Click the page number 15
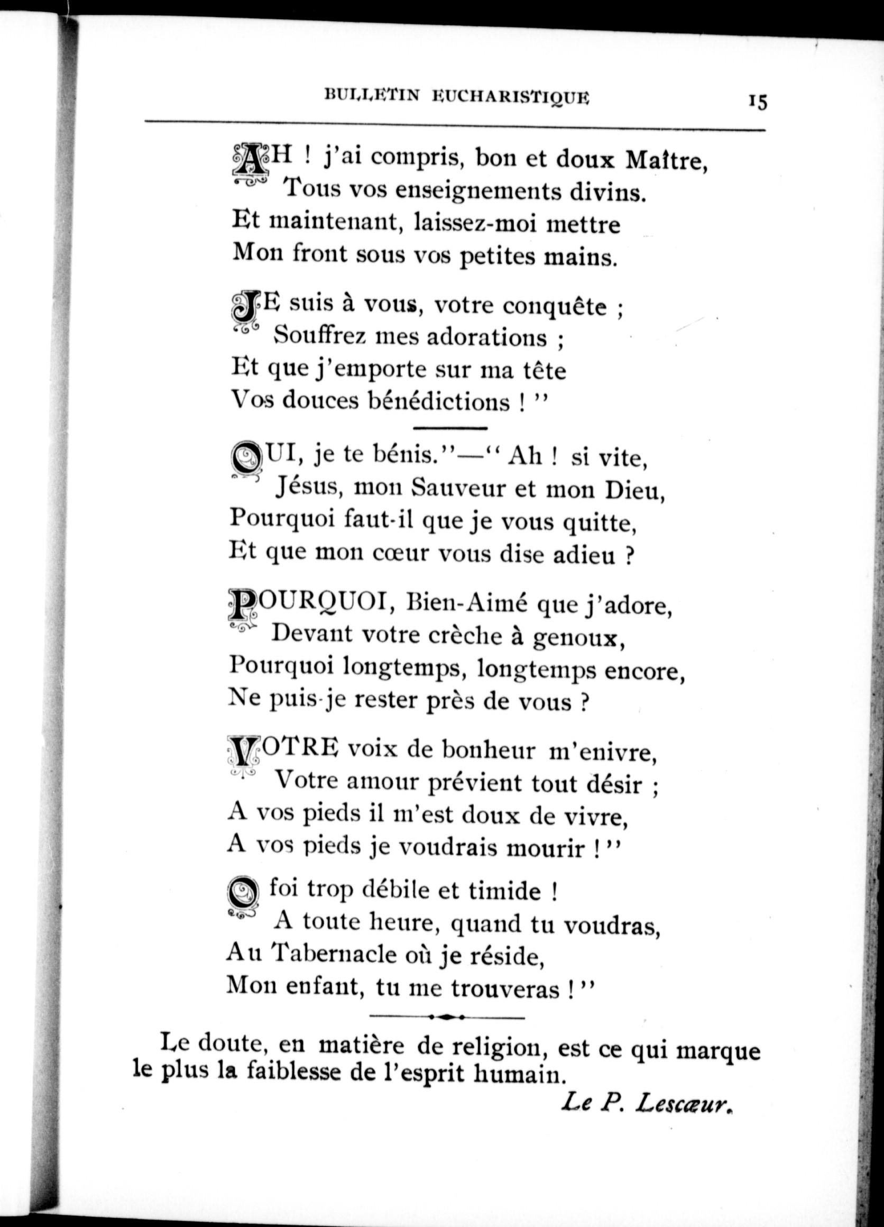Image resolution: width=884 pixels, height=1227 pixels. (x=758, y=102)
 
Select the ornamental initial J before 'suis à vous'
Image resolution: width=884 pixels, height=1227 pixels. (x=246, y=308)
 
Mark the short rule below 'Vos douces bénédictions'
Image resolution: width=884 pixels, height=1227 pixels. (x=450, y=428)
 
